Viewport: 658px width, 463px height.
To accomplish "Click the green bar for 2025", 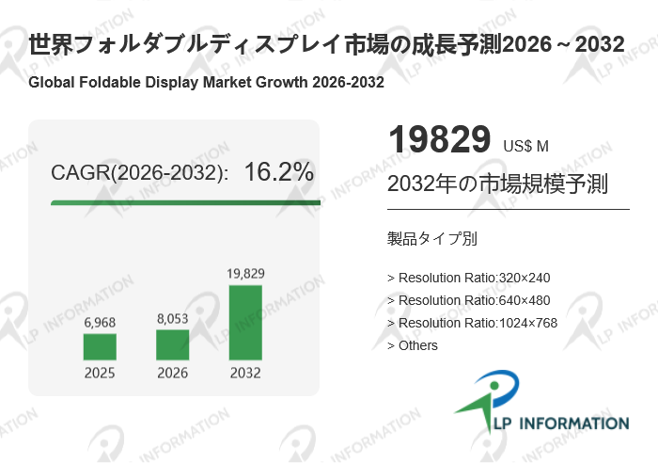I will (100, 346).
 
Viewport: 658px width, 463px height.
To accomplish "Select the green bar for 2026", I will (173, 344).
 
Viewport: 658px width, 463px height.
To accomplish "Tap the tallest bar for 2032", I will (245, 322).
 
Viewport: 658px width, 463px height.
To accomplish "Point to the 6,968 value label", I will (100, 323).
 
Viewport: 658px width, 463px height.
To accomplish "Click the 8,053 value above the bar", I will (173, 319).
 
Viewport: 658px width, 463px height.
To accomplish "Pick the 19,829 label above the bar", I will (245, 274).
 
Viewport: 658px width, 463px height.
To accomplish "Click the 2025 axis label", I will (100, 374).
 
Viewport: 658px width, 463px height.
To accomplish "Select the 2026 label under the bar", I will (173, 374).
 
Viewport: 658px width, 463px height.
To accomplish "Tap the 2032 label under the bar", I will (245, 374).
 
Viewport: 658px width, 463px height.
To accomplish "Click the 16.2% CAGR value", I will (278, 172).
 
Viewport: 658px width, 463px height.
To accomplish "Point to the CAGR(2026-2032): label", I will (139, 173).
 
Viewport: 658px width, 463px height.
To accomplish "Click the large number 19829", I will (439, 140).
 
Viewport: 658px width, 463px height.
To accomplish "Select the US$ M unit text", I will (525, 146).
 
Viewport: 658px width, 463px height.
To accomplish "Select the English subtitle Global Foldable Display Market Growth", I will (206, 82).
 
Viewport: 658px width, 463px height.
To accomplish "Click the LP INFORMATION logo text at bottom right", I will (555, 423).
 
